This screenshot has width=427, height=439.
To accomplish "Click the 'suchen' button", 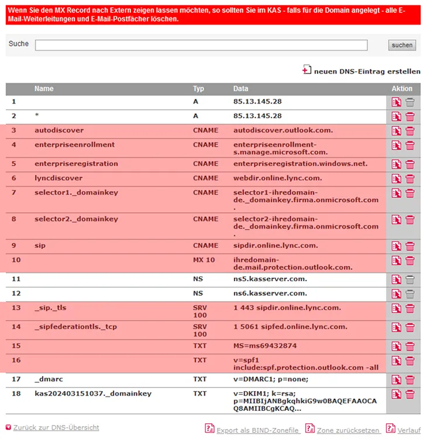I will coord(402,45).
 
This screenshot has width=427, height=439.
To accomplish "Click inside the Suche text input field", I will coord(201,45).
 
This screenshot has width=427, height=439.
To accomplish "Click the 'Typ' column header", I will coord(198,89).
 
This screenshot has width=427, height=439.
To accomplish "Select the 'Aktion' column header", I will coord(402,89).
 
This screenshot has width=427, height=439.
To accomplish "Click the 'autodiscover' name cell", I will coord(59,130).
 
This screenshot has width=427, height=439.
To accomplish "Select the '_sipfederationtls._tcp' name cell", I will coord(75,327).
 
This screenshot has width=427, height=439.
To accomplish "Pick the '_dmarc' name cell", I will coord(46,379).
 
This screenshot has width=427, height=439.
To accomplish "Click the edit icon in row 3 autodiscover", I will coord(397,131).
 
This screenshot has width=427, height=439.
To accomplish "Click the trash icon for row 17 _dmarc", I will coord(410,380).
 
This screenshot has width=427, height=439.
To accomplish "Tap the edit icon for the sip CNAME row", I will coord(397,246).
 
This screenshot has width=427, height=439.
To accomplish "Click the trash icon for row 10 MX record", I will coord(410,261).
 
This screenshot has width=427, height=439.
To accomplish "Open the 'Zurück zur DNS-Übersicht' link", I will coord(56,428).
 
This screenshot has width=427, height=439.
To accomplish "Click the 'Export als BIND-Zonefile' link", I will coord(258,430).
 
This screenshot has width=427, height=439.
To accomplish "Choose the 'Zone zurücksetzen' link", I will coord(348,430).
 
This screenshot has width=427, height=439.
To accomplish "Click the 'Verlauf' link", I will coord(409,430).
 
